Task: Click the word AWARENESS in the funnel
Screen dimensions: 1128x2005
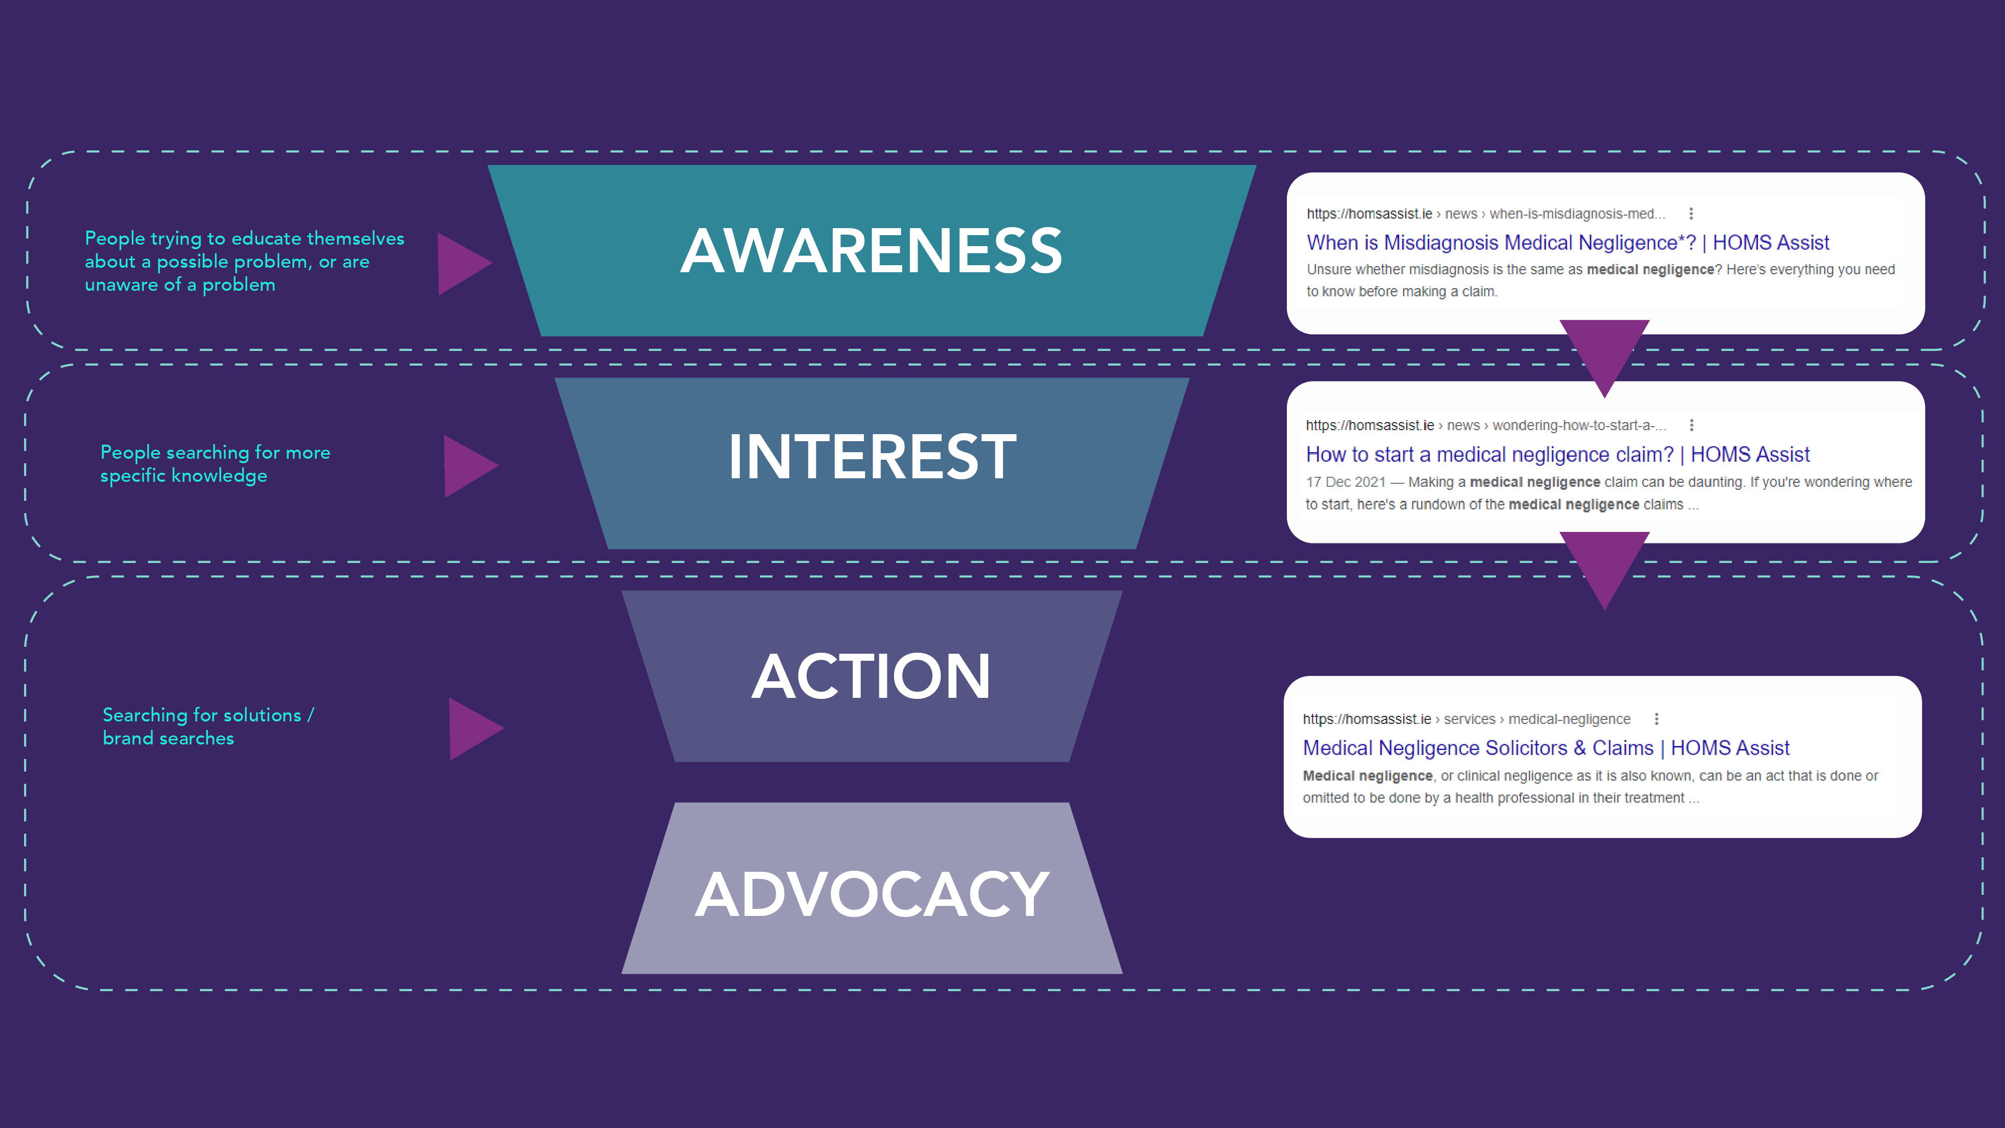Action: pos(871,251)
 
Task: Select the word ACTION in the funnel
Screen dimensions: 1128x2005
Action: pos(871,676)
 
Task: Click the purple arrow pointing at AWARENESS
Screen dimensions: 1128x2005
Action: pos(462,263)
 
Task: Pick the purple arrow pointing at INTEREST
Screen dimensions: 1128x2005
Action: pos(468,466)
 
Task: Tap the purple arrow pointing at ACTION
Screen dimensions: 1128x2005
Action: pos(473,728)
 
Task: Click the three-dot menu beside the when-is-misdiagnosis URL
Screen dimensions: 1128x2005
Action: pos(1691,213)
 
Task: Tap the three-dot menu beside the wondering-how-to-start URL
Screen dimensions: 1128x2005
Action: pos(1691,425)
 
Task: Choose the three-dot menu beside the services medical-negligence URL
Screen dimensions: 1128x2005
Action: pos(1656,718)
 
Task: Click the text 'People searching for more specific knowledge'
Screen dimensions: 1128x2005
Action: pos(215,464)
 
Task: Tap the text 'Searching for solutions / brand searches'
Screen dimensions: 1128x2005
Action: pos(208,726)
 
